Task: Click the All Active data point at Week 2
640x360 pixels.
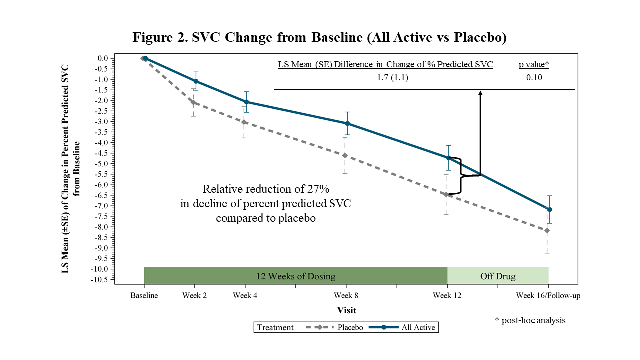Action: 196,81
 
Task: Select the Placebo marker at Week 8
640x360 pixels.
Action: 345,155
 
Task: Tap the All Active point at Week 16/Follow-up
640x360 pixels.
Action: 550,209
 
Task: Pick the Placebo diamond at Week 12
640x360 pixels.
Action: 446,195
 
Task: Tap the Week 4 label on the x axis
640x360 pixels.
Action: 245,295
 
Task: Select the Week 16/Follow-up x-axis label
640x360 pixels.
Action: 548,295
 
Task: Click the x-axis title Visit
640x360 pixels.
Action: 346,310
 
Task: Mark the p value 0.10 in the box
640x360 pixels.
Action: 534,77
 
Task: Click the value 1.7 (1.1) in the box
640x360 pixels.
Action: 393,77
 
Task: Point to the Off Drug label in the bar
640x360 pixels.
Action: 498,276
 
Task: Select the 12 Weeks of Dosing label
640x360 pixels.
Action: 296,276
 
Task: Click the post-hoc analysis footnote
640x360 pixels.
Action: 530,320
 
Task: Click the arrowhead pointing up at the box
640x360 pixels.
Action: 480,93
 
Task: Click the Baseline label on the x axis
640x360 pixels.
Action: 144,295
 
